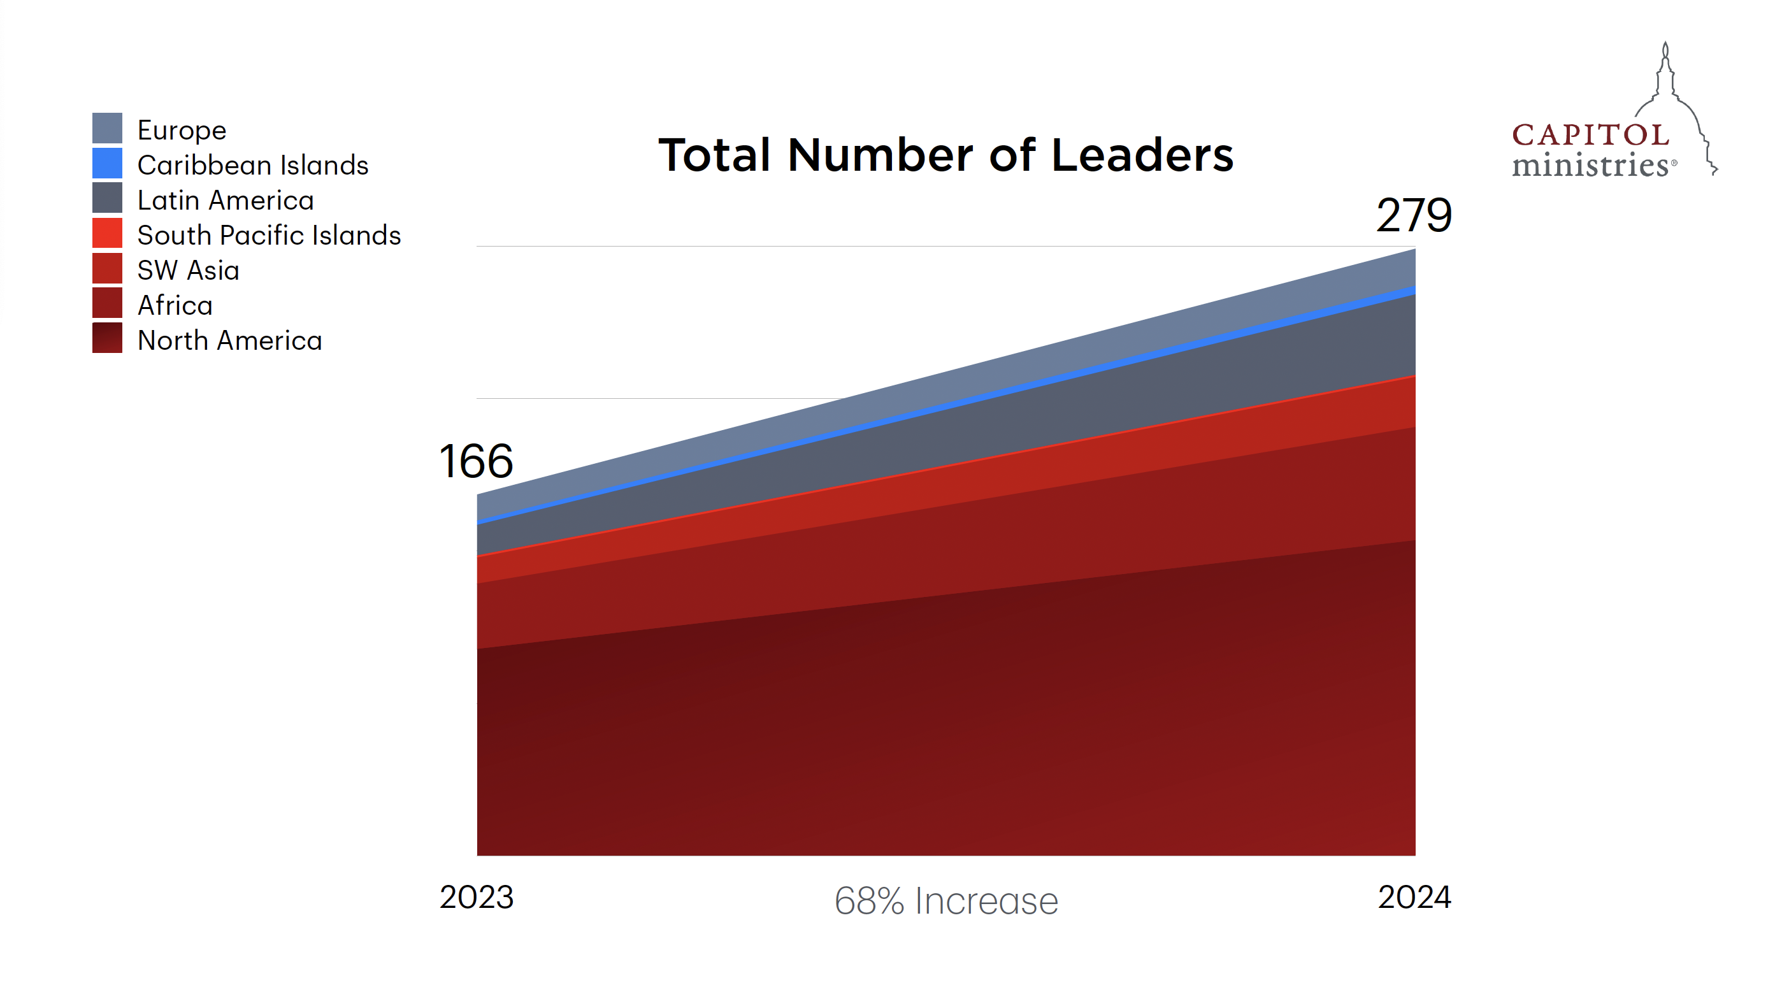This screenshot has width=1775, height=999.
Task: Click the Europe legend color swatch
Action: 108,128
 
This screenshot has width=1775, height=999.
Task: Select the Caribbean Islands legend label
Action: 253,166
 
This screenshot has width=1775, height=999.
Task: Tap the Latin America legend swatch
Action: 108,198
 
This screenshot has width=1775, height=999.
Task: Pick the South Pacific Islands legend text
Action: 269,236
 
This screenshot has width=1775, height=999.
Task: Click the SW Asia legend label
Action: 188,271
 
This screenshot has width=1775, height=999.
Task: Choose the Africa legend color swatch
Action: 108,303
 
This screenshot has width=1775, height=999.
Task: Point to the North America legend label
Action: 229,341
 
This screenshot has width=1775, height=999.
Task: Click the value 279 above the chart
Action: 1414,215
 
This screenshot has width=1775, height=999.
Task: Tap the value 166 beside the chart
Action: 476,462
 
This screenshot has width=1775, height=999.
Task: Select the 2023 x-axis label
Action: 476,898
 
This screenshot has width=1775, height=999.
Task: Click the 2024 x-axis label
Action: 1414,898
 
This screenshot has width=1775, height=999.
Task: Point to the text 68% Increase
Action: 946,901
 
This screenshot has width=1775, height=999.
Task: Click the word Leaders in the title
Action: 1142,155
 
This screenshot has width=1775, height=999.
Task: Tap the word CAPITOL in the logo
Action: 1590,135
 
